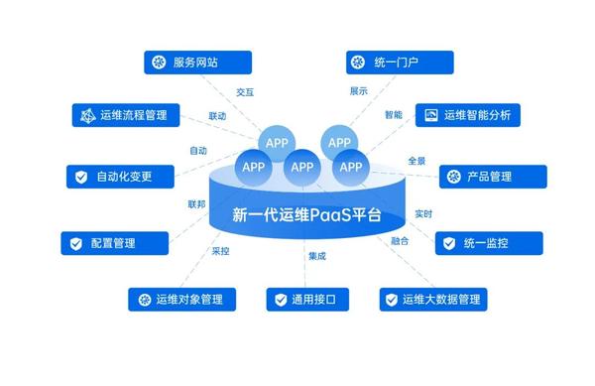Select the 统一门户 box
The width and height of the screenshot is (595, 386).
click(x=400, y=63)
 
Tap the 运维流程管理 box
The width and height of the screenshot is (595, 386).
click(x=126, y=115)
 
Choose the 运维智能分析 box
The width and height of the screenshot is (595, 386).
click(x=466, y=115)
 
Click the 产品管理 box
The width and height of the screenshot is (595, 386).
click(x=493, y=177)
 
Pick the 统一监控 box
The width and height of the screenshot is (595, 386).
click(x=489, y=242)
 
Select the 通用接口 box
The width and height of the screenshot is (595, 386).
click(x=305, y=299)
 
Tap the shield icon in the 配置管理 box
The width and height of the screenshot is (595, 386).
click(x=75, y=243)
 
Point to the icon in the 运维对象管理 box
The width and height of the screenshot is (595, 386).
click(x=141, y=299)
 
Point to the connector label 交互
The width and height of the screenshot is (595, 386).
click(x=245, y=91)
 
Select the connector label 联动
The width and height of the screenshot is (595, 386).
click(x=217, y=116)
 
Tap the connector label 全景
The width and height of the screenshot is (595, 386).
click(x=416, y=160)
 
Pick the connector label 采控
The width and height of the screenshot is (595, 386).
click(x=220, y=251)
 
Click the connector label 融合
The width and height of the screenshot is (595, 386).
click(x=400, y=241)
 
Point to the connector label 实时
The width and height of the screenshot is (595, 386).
click(x=423, y=212)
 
